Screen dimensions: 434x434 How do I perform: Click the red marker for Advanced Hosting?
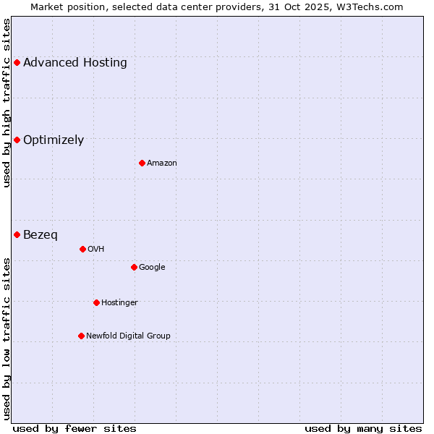(17, 62)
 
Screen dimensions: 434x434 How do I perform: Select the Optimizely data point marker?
(17, 140)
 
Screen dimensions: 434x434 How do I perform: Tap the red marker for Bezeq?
(17, 234)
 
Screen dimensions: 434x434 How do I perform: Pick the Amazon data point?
(142, 163)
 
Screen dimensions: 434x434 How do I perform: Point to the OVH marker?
(82, 249)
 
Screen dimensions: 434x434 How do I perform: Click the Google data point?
(134, 267)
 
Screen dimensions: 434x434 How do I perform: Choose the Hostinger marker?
(96, 302)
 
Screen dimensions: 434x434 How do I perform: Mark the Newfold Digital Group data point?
(81, 336)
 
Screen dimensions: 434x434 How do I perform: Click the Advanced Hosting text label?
(75, 63)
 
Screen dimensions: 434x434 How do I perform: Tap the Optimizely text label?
(54, 140)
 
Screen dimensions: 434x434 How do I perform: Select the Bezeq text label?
(41, 235)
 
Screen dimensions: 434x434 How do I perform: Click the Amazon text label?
(162, 163)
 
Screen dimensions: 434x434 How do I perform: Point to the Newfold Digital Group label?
(129, 336)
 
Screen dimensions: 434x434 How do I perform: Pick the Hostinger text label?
(119, 302)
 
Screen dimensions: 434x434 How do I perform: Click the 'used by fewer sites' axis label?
(75, 428)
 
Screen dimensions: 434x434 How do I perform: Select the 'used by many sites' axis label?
(363, 428)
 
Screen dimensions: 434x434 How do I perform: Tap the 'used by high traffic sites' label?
(7, 103)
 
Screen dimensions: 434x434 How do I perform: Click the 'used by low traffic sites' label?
(7, 338)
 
